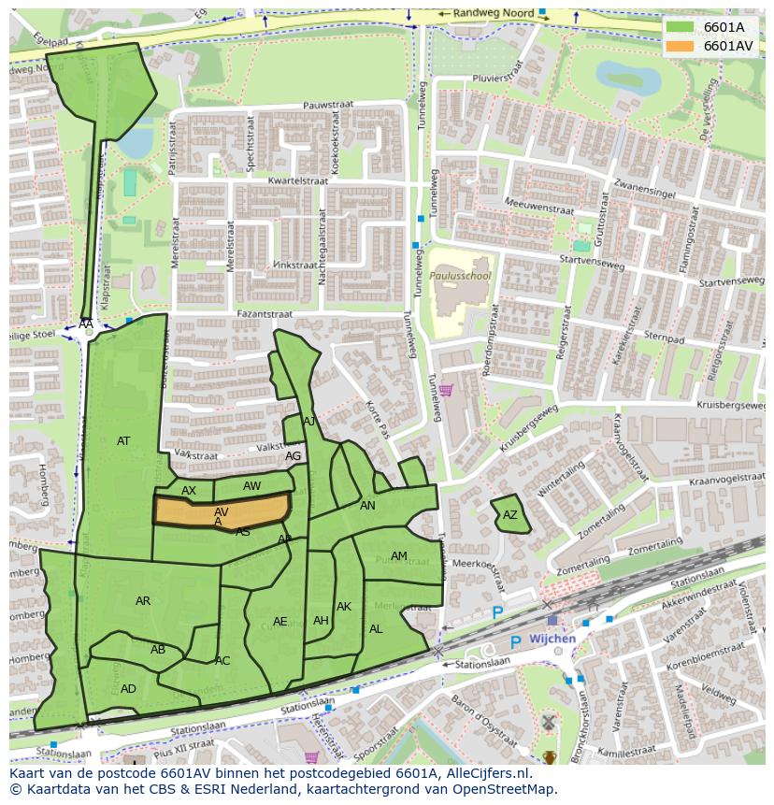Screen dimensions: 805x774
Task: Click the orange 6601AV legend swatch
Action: (x=681, y=46)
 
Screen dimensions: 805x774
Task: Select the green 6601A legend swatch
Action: (x=681, y=27)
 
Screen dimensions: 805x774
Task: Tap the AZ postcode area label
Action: (x=509, y=515)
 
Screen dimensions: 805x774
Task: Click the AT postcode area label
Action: (x=123, y=441)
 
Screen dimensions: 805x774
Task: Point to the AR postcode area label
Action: (x=143, y=601)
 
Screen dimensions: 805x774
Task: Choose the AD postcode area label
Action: (x=128, y=689)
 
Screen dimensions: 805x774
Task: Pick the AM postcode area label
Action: (x=399, y=556)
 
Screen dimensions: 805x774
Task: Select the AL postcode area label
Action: (x=376, y=629)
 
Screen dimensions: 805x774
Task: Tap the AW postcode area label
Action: (x=251, y=486)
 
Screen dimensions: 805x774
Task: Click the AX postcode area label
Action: (x=189, y=491)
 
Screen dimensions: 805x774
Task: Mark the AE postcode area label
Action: (x=280, y=622)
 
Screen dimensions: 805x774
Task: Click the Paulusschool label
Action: (x=460, y=277)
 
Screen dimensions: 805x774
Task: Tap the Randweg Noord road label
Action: (x=492, y=14)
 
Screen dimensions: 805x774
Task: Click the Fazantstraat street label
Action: (x=266, y=315)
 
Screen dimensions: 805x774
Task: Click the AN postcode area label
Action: (x=367, y=506)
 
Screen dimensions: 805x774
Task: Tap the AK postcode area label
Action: (x=344, y=607)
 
